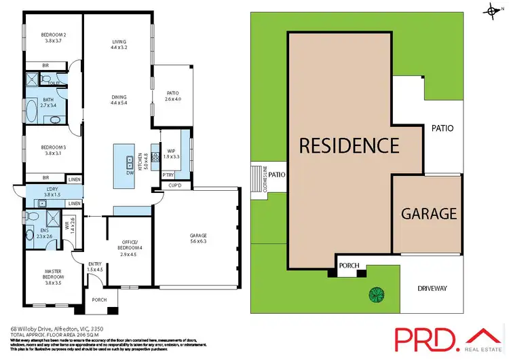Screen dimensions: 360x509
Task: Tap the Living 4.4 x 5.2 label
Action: point(119,45)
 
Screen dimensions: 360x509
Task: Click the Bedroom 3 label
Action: point(45,150)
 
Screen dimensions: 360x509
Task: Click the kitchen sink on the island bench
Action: point(129,162)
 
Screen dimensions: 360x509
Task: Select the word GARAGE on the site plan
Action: point(429,213)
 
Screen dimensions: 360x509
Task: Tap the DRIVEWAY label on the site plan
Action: point(429,289)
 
